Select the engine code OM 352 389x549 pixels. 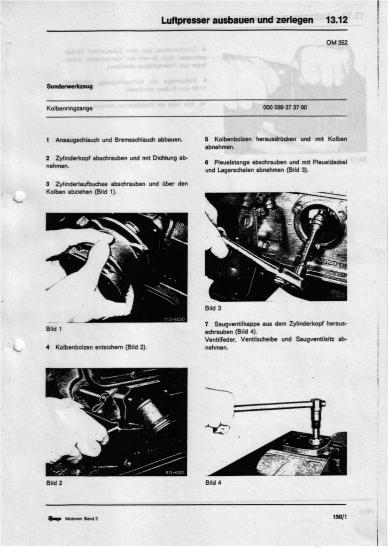tap(337, 43)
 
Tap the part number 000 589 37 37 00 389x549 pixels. tap(285, 107)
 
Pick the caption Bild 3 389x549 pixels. tap(213, 308)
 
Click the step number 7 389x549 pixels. tap(207, 324)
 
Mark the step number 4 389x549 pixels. tap(48, 347)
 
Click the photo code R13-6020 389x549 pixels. tap(175, 319)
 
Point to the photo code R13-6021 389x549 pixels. tap(175, 473)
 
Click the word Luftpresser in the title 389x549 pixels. tap(185, 21)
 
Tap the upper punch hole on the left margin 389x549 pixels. tap(19, 197)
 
